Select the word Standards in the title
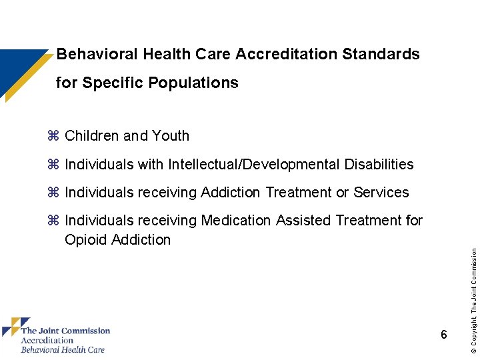[x=381, y=54]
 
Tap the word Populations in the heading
[x=193, y=83]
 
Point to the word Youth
[x=171, y=136]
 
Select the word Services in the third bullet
[x=381, y=193]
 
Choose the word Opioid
[x=85, y=240]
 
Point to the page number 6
[x=443, y=335]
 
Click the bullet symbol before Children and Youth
[x=54, y=136]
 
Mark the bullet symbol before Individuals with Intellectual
[x=54, y=165]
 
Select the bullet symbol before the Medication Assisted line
[x=54, y=221]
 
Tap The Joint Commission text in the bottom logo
[x=65, y=331]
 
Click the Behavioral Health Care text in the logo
[x=63, y=349]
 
